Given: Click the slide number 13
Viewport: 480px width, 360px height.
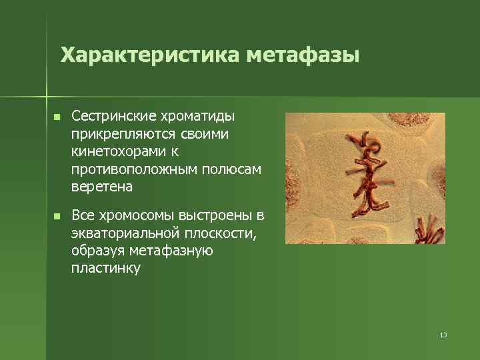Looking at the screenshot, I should tap(443, 335).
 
